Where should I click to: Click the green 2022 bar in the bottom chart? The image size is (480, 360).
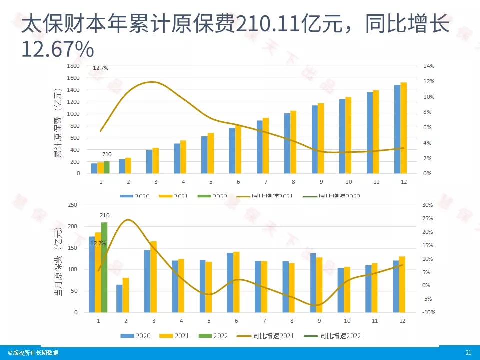(104, 267)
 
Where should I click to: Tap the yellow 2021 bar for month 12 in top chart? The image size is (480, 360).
(404, 128)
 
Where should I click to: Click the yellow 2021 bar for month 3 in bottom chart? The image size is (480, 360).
(154, 276)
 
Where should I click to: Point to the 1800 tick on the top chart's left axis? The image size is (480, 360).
(73, 66)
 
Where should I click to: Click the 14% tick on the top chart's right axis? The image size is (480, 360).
(429, 66)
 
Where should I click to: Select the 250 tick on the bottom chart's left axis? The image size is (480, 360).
(73, 205)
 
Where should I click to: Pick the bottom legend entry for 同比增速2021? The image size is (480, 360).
(273, 336)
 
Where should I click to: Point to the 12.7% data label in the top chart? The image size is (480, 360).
(100, 67)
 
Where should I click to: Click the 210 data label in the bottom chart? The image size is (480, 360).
(104, 215)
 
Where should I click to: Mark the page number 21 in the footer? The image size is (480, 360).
(468, 353)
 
